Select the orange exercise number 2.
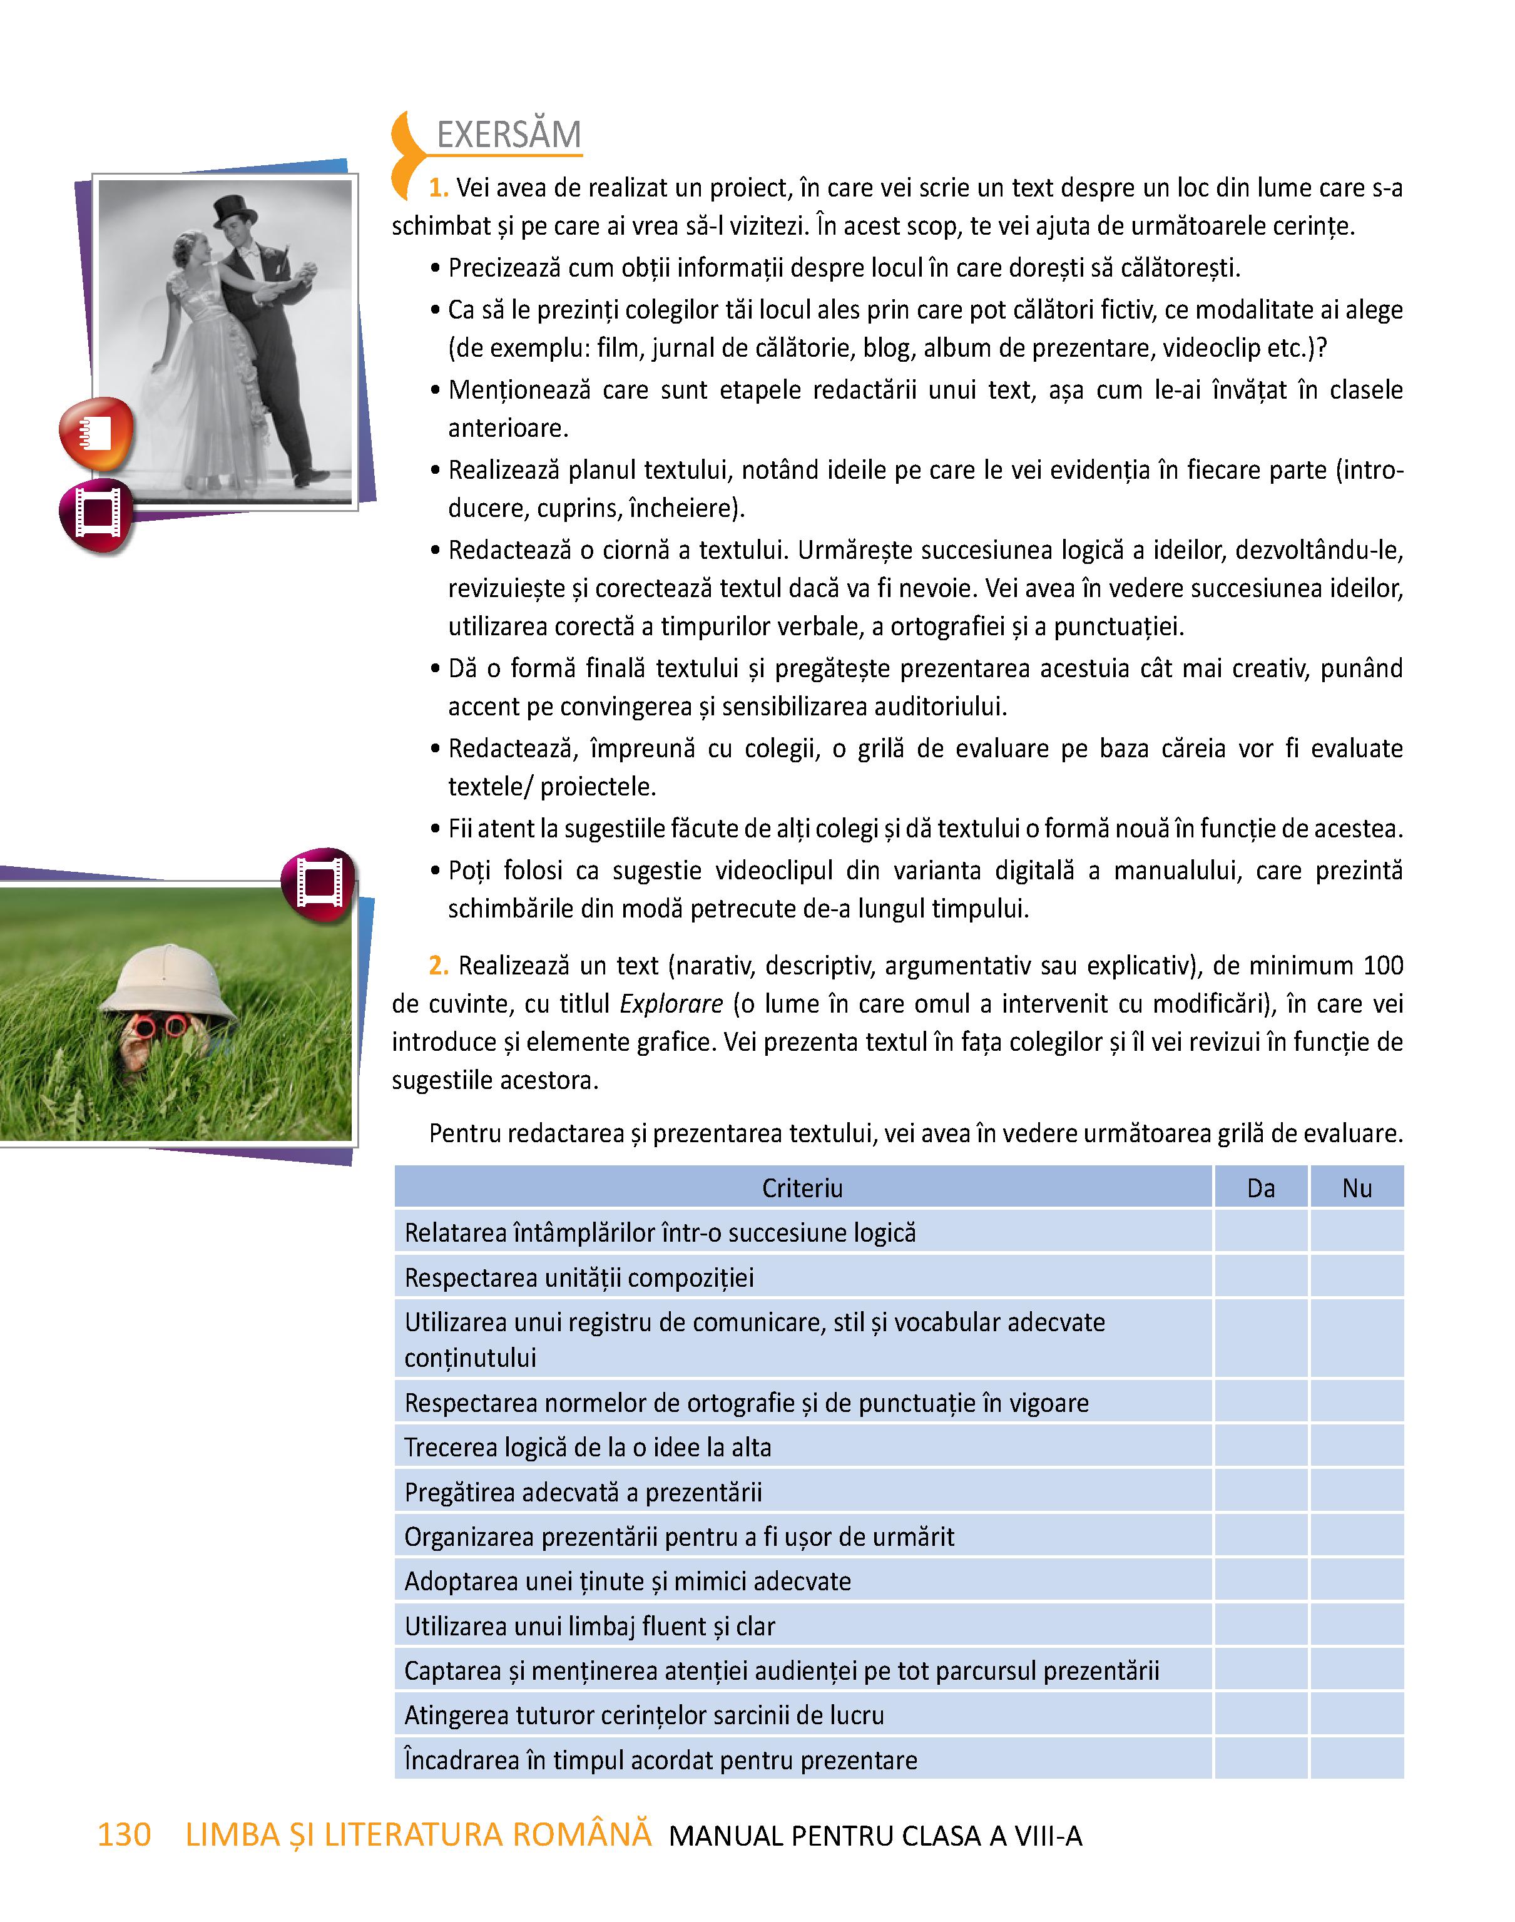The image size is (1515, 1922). coord(438,966)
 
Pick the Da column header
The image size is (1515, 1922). coord(1260,1188)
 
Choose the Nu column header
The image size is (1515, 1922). coord(1356,1188)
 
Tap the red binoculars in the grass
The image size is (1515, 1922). coord(160,1027)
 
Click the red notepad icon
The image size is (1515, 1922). coord(96,434)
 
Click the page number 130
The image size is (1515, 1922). coord(124,1835)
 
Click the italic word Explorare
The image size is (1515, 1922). coord(671,1004)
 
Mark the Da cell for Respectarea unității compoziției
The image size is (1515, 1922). coord(1260,1277)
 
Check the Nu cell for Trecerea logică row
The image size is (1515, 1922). coord(1356,1448)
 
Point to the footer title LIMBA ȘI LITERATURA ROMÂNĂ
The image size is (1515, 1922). coord(418,1835)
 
